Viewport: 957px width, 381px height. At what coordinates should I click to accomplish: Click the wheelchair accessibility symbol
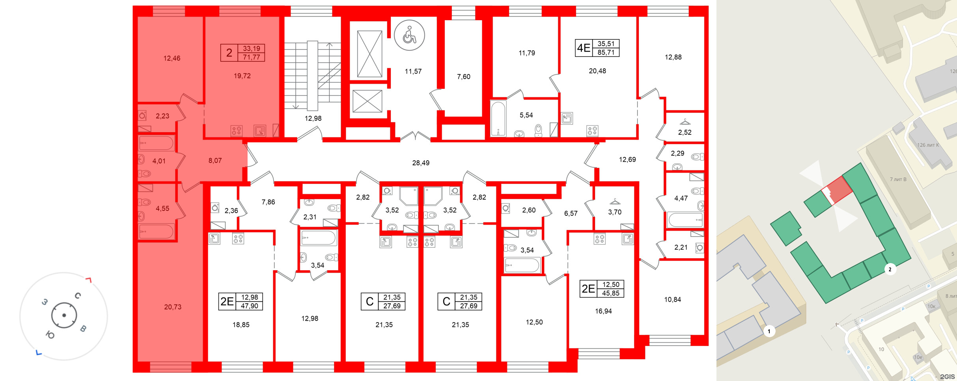pos(409,35)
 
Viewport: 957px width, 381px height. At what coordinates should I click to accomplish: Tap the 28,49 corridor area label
pos(421,163)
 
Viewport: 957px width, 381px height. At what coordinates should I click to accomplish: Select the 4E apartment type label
pos(584,48)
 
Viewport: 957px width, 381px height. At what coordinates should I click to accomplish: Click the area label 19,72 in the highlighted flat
pos(242,76)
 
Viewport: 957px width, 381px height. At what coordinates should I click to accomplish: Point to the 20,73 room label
pos(173,307)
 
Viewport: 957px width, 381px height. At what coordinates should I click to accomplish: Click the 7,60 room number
pos(464,77)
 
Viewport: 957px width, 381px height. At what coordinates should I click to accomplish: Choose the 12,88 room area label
pos(673,57)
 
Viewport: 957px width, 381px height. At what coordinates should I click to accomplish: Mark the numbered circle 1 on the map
pos(769,331)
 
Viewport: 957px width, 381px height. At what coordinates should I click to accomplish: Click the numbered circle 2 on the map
pos(890,269)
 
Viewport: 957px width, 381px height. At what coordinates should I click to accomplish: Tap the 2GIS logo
pos(947,377)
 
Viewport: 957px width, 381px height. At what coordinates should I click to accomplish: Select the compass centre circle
pos(64,316)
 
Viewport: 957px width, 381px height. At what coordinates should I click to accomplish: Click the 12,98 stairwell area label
pos(313,118)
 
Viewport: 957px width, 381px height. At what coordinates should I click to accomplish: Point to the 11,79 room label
pos(527,53)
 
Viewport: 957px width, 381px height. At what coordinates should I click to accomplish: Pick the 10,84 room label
pos(673,300)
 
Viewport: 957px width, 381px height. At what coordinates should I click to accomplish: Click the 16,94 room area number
pos(603,311)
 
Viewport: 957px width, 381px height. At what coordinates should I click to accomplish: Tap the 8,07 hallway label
pos(215,161)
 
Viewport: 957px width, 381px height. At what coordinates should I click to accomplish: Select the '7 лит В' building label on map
pos(898,179)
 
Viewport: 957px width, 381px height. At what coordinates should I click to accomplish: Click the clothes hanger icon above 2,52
pos(685,122)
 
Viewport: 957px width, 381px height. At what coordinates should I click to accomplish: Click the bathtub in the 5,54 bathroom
pos(498,119)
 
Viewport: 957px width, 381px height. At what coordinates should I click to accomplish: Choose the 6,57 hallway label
pos(571,213)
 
